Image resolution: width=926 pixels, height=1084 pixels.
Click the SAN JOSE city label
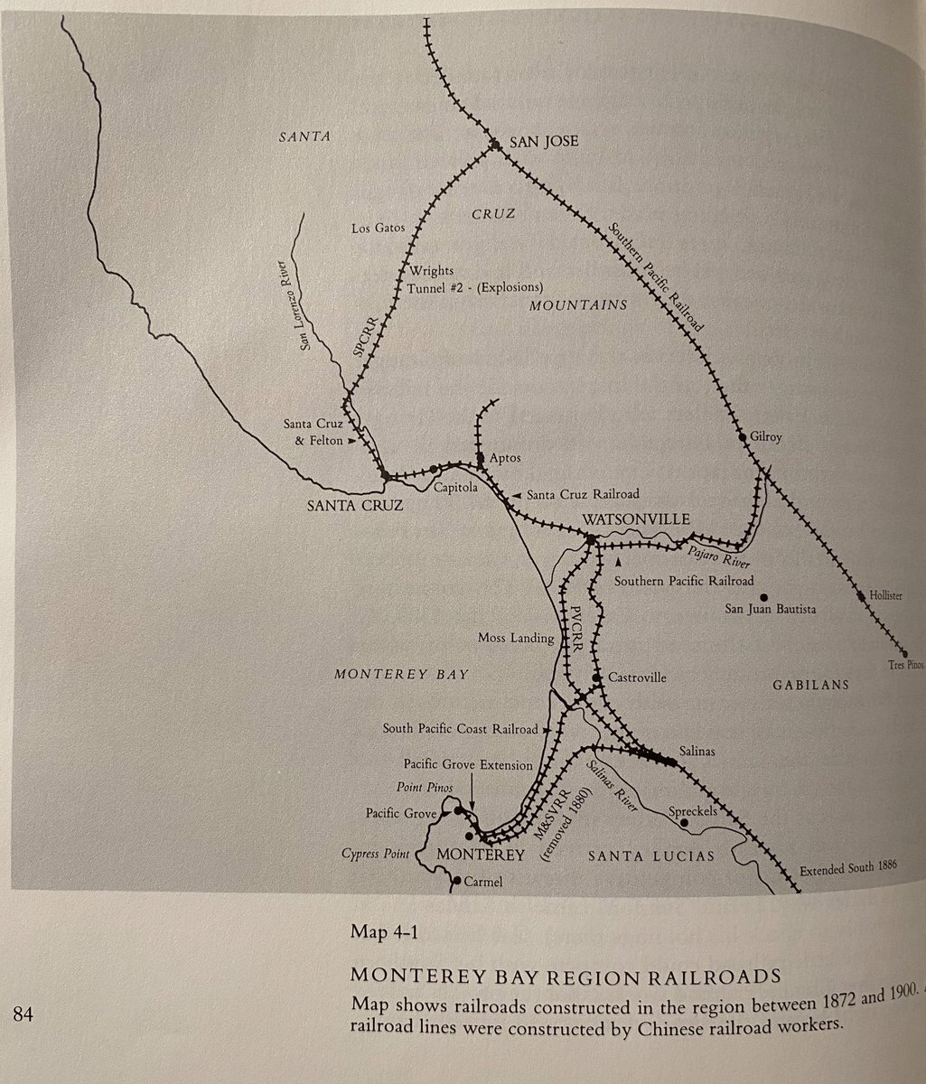544,142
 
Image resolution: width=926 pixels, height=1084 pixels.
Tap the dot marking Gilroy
743,436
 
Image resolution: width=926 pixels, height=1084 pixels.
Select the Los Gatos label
378,229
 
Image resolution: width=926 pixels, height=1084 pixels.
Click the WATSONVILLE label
636,519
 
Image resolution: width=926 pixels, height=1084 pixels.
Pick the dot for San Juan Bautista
764,597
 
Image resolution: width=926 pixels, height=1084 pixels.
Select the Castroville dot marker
596,677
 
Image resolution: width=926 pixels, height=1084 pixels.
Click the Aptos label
506,458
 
